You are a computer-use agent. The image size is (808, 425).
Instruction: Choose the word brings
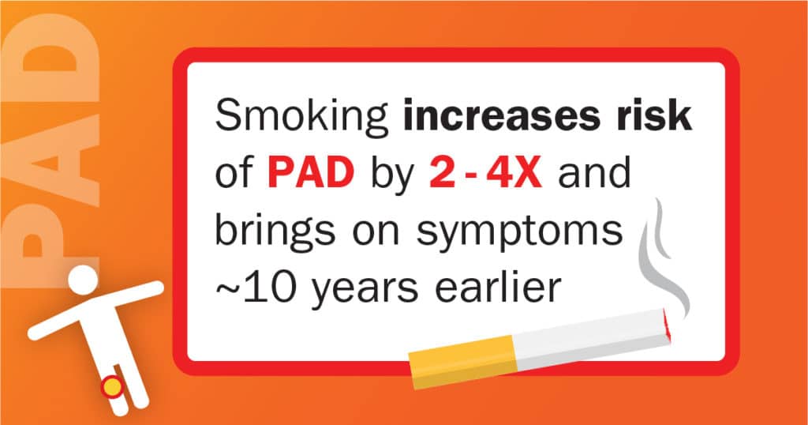pyautogui.click(x=275, y=231)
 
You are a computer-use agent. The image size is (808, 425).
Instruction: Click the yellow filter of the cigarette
pyautogui.click(x=462, y=362)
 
